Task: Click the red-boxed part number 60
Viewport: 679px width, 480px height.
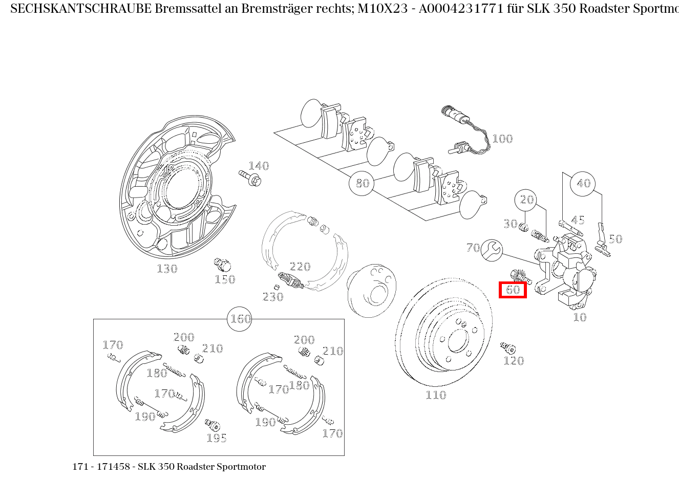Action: pyautogui.click(x=513, y=290)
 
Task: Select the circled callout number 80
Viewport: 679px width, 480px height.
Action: pyautogui.click(x=362, y=183)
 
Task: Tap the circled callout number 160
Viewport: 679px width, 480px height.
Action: pyautogui.click(x=240, y=319)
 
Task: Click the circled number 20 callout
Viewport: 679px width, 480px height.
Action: pyautogui.click(x=527, y=200)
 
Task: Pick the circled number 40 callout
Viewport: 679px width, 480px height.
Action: pyautogui.click(x=583, y=183)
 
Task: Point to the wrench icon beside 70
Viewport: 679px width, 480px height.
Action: pyautogui.click(x=492, y=250)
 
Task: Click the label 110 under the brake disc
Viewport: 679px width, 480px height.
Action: pyautogui.click(x=436, y=395)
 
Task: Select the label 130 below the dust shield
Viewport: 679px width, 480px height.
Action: pyautogui.click(x=167, y=269)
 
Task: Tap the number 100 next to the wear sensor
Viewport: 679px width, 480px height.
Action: pyautogui.click(x=502, y=139)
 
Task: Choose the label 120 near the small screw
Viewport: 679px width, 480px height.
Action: pyautogui.click(x=514, y=361)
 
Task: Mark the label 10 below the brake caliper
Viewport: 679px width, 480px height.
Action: pyautogui.click(x=579, y=317)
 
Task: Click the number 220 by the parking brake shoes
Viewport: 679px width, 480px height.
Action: pyautogui.click(x=300, y=267)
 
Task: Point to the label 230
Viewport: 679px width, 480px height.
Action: pyautogui.click(x=273, y=297)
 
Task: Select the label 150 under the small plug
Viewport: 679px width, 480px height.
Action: pyautogui.click(x=225, y=279)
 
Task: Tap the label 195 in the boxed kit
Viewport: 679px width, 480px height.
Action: pyautogui.click(x=217, y=438)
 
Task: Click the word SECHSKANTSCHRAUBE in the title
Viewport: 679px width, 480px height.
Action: pyautogui.click(x=80, y=9)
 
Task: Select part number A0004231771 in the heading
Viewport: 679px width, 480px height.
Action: pyautogui.click(x=458, y=9)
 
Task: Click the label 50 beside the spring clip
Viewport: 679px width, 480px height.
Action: pyautogui.click(x=615, y=239)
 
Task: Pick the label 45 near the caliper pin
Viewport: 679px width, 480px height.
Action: pyautogui.click(x=578, y=220)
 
